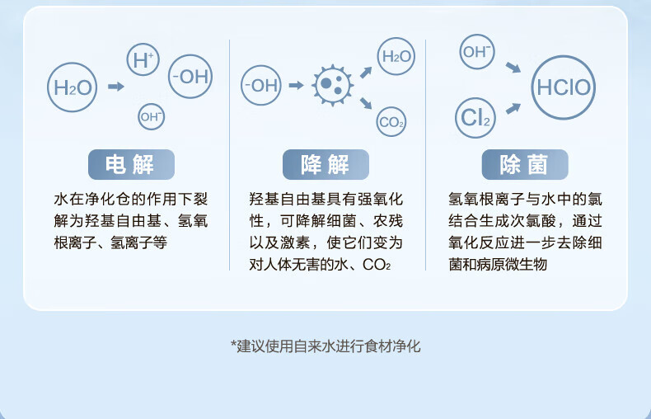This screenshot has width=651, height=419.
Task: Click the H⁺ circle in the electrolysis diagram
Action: (143, 59)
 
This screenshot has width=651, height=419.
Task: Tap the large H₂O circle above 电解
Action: (73, 87)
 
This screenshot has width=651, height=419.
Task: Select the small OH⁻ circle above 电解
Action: (151, 116)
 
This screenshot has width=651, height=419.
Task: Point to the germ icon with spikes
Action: (333, 85)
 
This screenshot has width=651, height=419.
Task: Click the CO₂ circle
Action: (391, 123)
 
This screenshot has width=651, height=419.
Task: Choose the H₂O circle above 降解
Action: (396, 57)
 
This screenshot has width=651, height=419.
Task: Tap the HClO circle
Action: (564, 87)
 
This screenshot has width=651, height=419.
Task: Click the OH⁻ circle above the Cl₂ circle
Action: (476, 51)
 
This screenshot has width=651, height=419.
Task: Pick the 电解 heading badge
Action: (130, 165)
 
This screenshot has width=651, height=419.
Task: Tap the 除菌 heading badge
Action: (523, 165)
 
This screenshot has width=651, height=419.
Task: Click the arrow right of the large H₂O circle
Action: (116, 86)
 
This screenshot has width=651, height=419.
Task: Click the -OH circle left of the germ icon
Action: (260, 85)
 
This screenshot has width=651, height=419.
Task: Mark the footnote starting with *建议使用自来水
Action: (325, 346)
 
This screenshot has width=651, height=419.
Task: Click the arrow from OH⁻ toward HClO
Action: (513, 67)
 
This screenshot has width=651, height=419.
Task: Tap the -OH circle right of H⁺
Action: (190, 77)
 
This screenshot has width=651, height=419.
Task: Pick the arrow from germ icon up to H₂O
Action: (366, 70)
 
